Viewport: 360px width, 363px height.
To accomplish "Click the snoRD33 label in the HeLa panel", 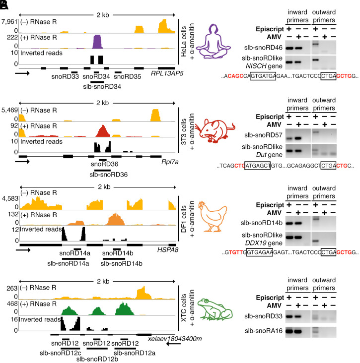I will coord(66,77).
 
